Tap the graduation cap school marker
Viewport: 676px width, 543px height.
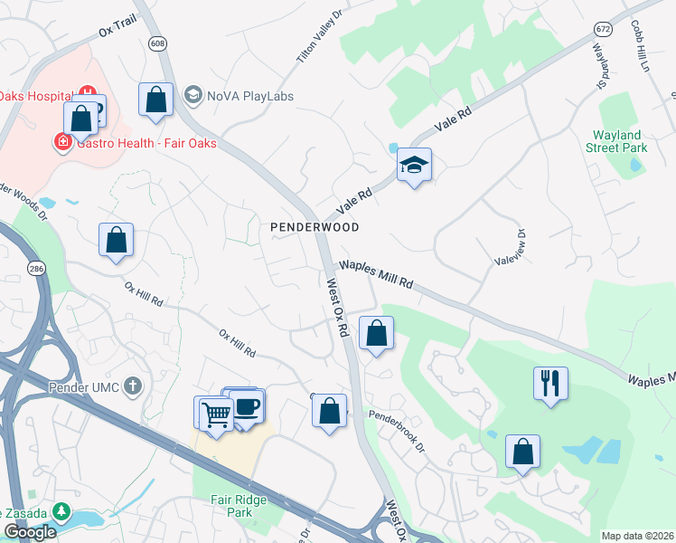point(414,167)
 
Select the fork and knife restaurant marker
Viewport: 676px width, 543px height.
point(550,385)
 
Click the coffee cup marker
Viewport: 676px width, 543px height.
point(247,407)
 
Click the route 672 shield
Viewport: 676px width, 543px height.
point(602,29)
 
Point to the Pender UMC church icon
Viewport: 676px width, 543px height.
point(133,387)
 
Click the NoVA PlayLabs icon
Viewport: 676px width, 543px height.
point(192,95)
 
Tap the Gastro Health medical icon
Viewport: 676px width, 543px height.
point(63,142)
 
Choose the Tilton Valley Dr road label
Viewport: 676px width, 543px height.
point(321,37)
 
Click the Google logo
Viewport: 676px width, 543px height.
point(30,533)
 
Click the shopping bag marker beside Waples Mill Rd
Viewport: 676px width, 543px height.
point(376,334)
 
